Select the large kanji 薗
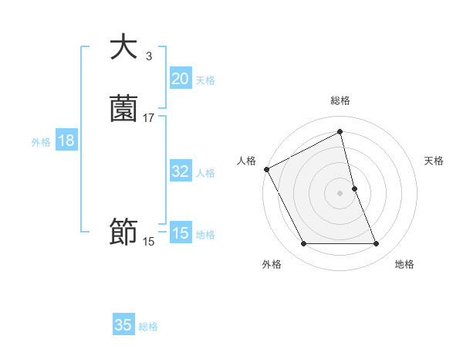click(x=123, y=108)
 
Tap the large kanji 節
click(x=123, y=232)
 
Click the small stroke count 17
click(x=149, y=117)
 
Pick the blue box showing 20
click(x=180, y=79)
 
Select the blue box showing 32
click(x=180, y=171)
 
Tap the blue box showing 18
click(x=66, y=141)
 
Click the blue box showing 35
click(x=123, y=325)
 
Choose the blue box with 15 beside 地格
click(x=180, y=233)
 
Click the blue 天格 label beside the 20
click(x=205, y=80)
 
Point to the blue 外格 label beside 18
click(x=41, y=142)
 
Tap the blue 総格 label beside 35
click(x=148, y=327)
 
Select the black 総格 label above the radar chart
click(x=340, y=101)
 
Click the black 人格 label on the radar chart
click(x=247, y=161)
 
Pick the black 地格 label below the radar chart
click(x=404, y=265)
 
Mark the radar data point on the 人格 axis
click(x=266, y=169)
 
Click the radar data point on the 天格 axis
click(x=354, y=188)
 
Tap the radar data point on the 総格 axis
click(x=340, y=132)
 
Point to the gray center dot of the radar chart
click(x=340, y=193)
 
